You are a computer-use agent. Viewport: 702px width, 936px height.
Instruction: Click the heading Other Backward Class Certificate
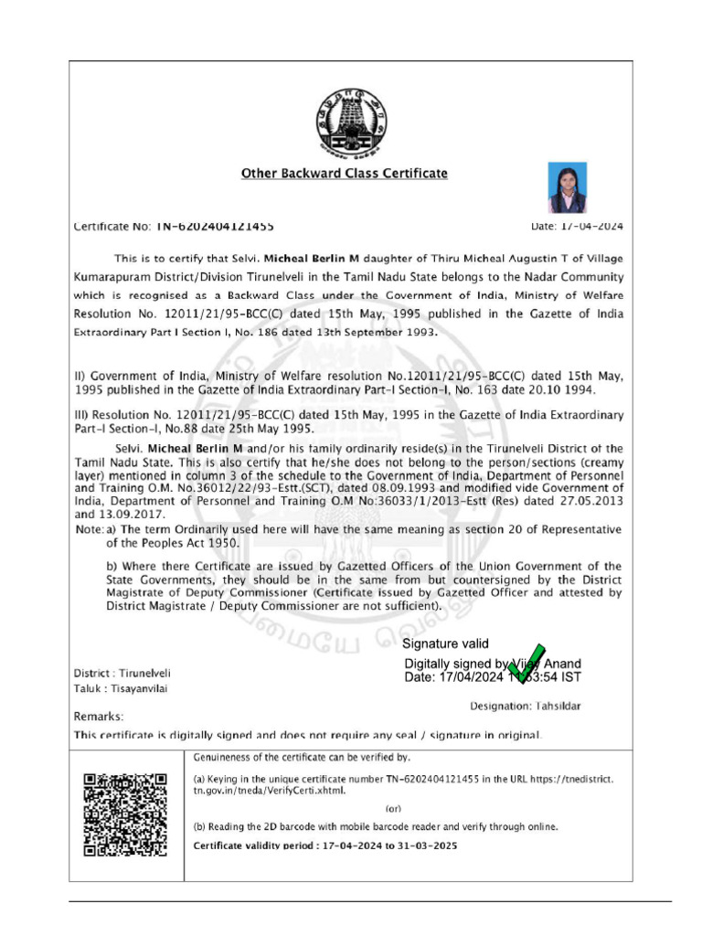point(344,173)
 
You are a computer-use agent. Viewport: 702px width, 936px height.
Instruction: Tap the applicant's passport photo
point(567,188)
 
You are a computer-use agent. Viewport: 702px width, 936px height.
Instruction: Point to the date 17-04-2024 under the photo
point(578,226)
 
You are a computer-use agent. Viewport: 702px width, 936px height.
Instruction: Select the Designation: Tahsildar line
point(525,706)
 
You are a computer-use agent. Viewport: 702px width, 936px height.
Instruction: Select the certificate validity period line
point(324,846)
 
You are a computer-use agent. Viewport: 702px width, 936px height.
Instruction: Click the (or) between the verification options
point(393,809)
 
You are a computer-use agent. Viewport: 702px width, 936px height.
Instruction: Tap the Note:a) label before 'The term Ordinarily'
point(95,529)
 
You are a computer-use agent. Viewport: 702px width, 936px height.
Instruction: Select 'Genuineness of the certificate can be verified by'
point(302,758)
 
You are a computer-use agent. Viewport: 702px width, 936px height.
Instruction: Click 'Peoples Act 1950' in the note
point(190,542)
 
